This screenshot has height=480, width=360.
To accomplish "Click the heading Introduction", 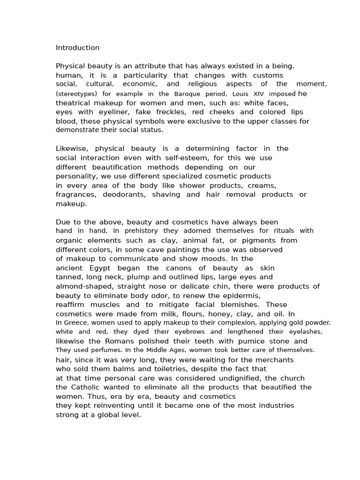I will point(77,48).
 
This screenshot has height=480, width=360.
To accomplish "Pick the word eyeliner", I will point(114,112).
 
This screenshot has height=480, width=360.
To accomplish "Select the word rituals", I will point(284,231).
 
